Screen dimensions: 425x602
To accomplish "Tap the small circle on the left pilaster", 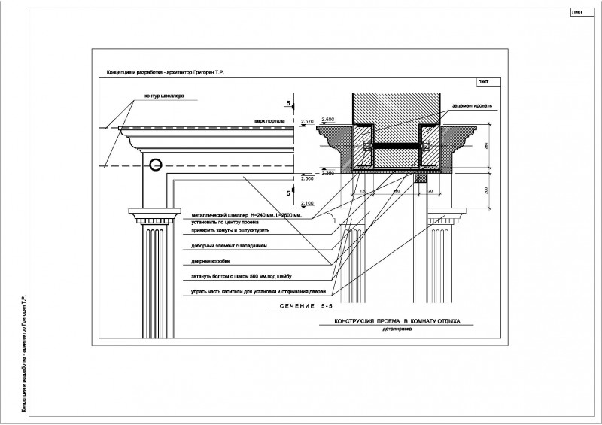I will coord(155,165).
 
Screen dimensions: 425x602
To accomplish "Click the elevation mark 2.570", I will coord(307,122).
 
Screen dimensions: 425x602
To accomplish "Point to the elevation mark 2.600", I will coord(327,119).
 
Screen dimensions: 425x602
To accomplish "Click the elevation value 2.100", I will coord(307,203).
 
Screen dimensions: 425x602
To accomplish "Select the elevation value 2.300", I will coord(307,178).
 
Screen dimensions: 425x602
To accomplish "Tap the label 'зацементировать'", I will coord(472,106).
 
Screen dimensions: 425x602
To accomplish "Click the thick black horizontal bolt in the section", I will coord(397,144).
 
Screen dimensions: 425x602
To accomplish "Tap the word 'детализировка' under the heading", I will coord(397,329).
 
